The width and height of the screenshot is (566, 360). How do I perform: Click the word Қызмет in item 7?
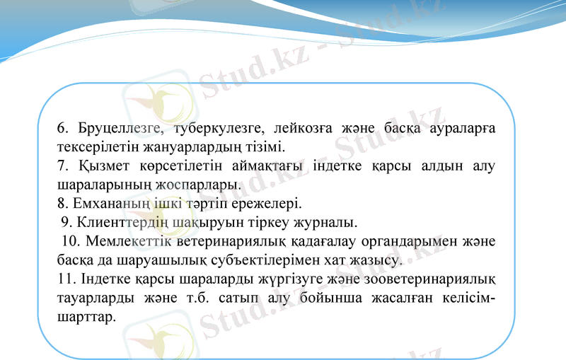click(101, 167)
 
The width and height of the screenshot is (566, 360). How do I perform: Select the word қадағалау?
click(324, 242)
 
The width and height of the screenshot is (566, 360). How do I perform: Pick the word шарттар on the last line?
click(86, 316)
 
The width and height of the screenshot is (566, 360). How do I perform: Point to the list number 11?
click(64, 279)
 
